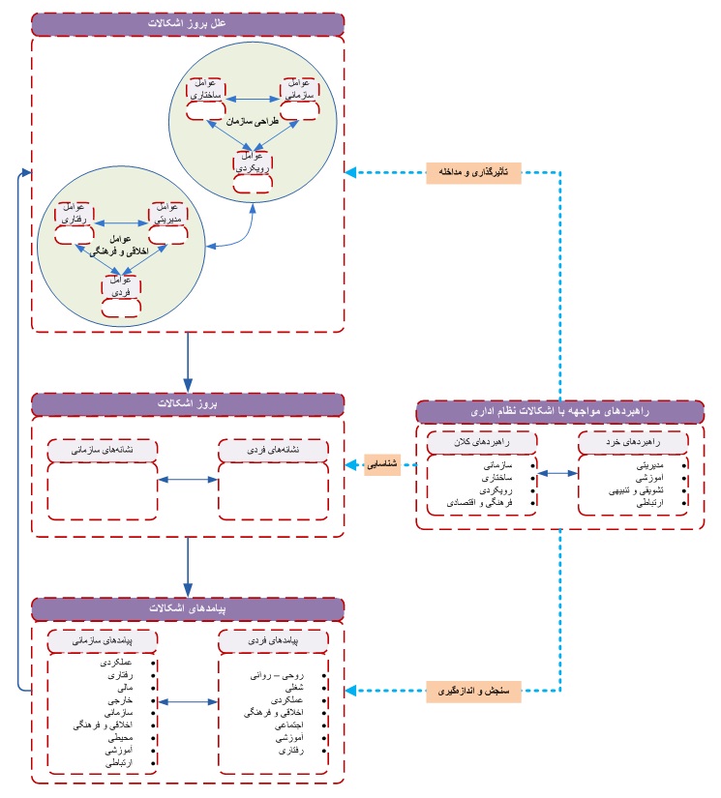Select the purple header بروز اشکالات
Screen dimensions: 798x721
[x=189, y=402]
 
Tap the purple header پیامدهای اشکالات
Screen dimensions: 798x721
[x=189, y=609]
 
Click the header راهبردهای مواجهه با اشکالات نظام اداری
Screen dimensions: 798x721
[x=560, y=412]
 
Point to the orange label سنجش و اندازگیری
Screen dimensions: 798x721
[x=472, y=691]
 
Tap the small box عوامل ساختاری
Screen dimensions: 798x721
[x=206, y=92]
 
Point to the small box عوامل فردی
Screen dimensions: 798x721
[x=122, y=286]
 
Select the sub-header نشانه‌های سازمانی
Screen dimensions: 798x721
[x=102, y=450]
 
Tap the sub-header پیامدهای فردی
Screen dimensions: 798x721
[x=274, y=641]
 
